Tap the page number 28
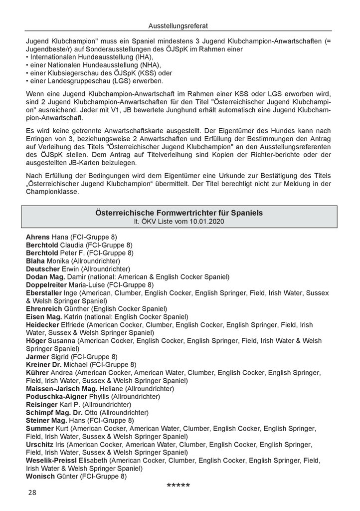(x=32, y=493)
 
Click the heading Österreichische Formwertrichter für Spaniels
(x=179, y=213)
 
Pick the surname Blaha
(x=35, y=261)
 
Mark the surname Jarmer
(x=37, y=357)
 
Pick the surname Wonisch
(x=39, y=477)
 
